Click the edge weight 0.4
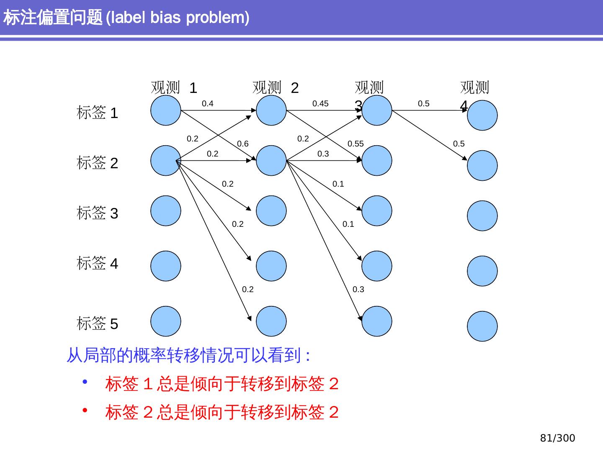point(208,104)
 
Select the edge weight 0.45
point(320,104)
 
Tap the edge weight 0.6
point(243,144)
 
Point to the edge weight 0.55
point(356,144)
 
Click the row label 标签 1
point(98,113)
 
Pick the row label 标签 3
point(98,213)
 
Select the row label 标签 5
point(98,324)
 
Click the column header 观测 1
point(174,88)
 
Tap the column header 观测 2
point(276,88)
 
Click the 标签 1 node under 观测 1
point(166,110)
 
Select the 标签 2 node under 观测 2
point(271,161)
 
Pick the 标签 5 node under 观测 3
point(377,321)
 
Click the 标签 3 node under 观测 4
point(482,216)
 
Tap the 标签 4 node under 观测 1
point(166,266)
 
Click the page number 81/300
point(557,438)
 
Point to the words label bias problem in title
point(178,18)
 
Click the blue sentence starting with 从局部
point(188,356)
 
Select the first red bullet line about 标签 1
point(222,384)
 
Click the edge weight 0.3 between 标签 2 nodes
point(323,154)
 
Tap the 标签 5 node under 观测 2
point(271,321)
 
